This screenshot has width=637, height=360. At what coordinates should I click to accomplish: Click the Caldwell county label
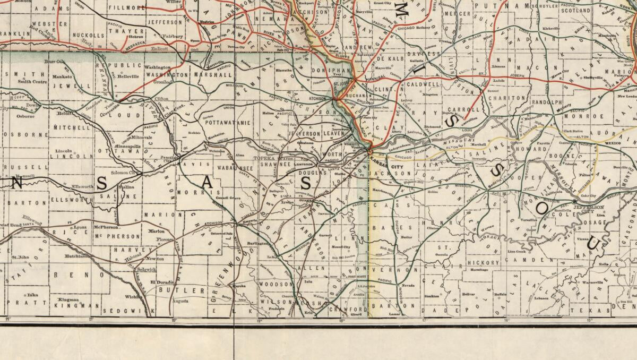pos(424,84)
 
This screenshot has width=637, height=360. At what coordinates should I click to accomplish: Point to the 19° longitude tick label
pos(259,320)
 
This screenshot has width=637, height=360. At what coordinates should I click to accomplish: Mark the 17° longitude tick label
pos(424,320)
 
